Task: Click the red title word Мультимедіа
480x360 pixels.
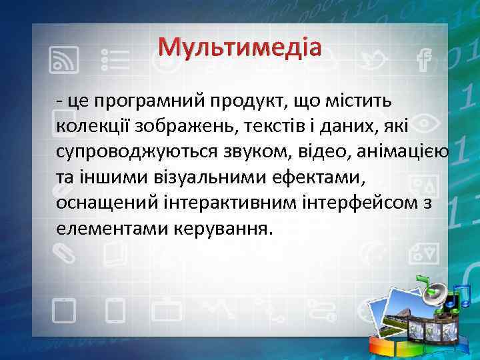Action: click(240, 47)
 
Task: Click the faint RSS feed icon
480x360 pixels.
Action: click(64, 59)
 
